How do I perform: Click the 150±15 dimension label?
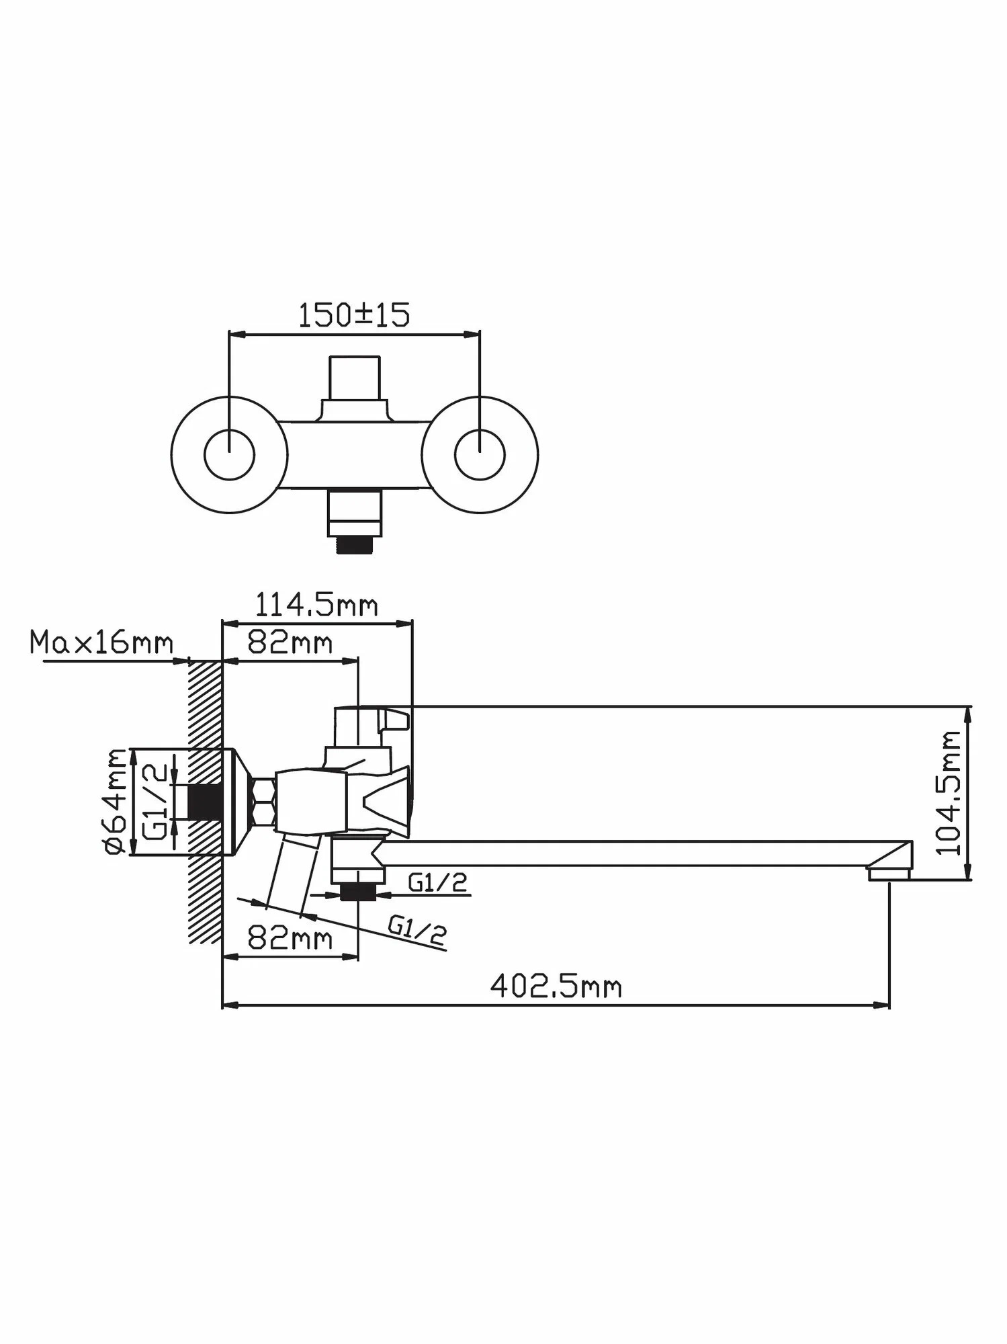coord(353,315)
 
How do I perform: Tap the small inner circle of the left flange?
coord(230,455)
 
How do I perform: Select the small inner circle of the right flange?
coord(480,455)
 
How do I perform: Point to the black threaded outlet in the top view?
coord(354,544)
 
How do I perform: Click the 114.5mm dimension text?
coord(316,605)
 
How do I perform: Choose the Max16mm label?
coord(101,643)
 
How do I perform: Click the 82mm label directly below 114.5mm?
coord(290,643)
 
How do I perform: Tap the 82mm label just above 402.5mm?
coord(290,938)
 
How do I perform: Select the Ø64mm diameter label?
coord(116,801)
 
